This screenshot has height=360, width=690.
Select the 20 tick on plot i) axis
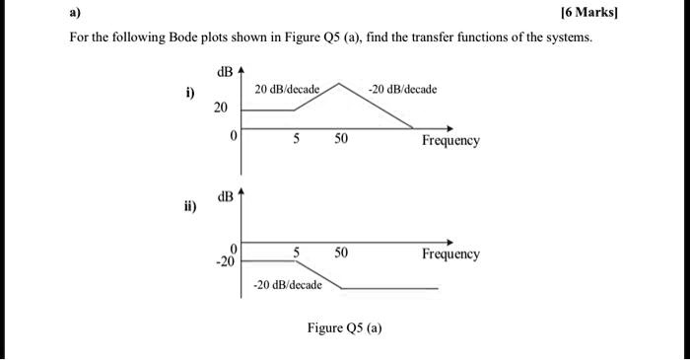tap(221, 107)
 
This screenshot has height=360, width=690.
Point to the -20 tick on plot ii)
tap(227, 262)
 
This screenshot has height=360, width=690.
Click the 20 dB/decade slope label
tap(287, 90)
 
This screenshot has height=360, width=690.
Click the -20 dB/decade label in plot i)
tap(403, 90)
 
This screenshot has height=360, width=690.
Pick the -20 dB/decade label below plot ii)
tap(287, 285)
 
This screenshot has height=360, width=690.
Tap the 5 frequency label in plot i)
tap(295, 140)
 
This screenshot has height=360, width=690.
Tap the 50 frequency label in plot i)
tap(340, 140)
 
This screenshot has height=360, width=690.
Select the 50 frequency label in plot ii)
tap(340, 253)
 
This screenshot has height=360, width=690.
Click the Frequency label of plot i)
tap(450, 141)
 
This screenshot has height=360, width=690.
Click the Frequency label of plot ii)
tap(450, 254)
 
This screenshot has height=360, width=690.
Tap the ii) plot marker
tap(188, 207)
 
